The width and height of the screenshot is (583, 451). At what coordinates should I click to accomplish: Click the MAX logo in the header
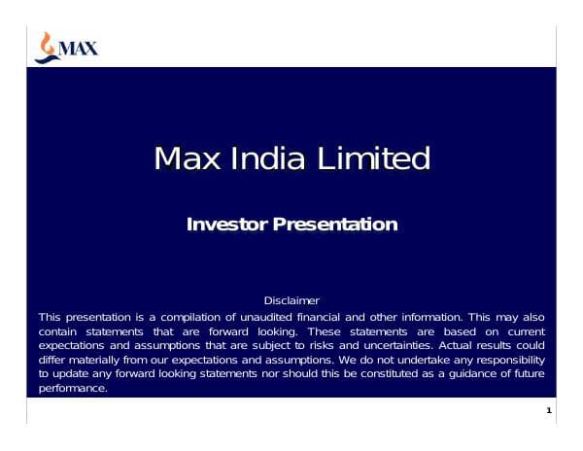(x=65, y=46)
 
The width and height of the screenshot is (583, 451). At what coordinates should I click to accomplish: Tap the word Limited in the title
(x=373, y=157)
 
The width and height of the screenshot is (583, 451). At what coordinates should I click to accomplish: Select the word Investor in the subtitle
(x=226, y=225)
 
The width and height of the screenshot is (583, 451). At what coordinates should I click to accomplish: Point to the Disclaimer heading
(x=291, y=301)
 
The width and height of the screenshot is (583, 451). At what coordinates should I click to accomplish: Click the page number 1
(x=549, y=411)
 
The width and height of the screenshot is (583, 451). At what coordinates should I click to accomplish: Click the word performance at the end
(x=71, y=388)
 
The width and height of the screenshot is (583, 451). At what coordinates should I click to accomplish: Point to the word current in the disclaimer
(x=526, y=331)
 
